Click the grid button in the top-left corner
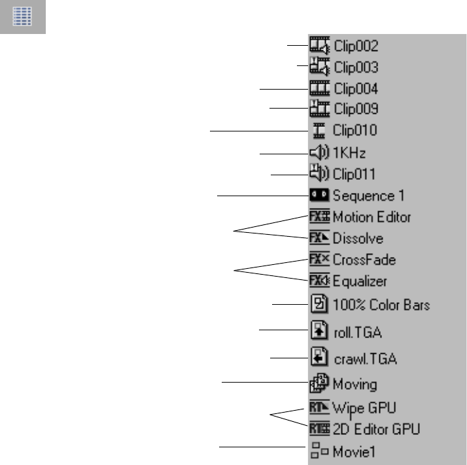22,16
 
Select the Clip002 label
355,46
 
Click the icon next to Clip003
319,67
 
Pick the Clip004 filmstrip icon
319,88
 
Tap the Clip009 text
355,109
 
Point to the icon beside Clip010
319,131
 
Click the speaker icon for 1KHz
319,153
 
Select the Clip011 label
355,175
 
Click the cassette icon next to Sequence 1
319,195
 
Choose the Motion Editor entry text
372,216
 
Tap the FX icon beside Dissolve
319,237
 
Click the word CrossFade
364,260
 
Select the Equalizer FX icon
319,281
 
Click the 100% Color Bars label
381,305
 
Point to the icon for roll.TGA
319,332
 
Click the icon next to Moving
319,385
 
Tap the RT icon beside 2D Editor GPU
319,429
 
